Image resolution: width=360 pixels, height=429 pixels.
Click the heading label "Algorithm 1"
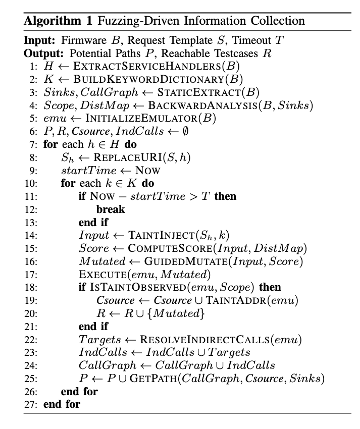point(56,21)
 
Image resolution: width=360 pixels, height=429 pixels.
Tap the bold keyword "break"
point(111,208)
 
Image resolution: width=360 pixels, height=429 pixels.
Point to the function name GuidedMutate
point(175,261)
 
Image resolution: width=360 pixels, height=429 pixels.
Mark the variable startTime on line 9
point(87,170)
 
